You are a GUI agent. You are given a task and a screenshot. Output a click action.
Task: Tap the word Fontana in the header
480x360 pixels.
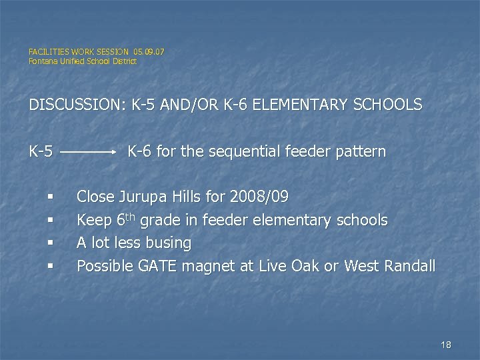pos(43,61)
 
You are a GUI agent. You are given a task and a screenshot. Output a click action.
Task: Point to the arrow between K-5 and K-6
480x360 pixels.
pos(89,152)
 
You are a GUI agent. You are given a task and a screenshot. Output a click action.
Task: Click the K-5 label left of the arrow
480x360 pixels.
pos(41,152)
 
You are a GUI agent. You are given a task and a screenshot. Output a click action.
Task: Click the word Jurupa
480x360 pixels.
pos(142,197)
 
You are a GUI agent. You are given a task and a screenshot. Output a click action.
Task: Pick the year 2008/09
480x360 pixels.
pos(259,197)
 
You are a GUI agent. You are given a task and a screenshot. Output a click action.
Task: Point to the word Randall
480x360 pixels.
pos(409,267)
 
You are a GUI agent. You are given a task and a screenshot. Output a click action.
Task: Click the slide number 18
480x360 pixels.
pos(446,345)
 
